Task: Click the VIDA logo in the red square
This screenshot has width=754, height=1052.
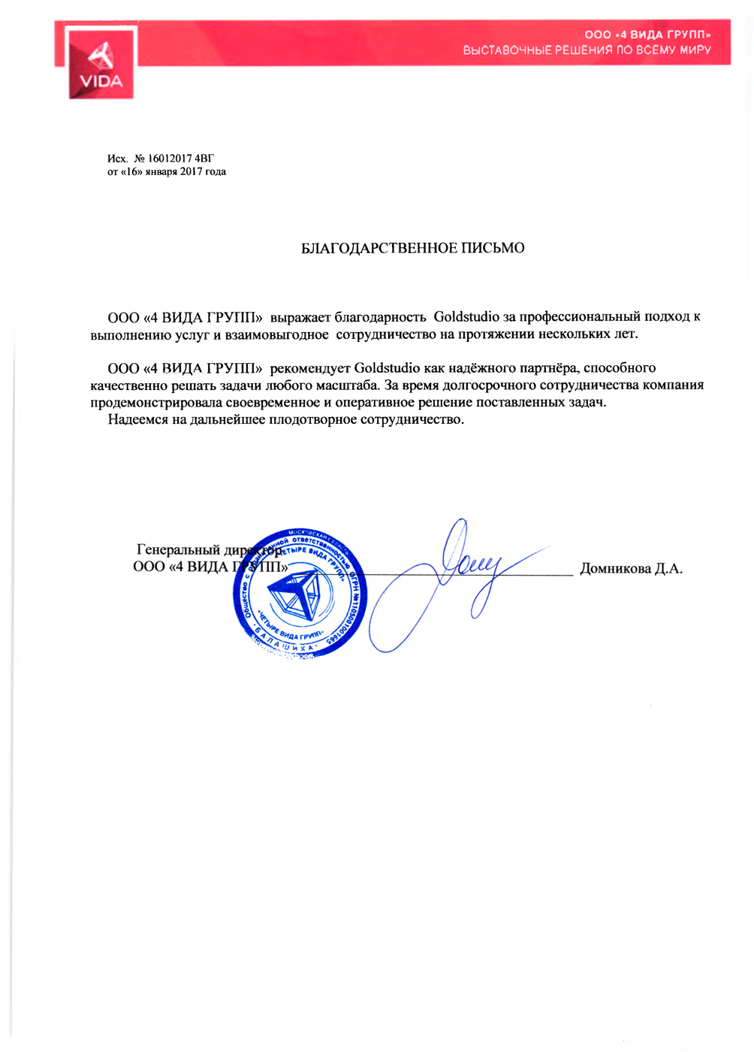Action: tap(101, 65)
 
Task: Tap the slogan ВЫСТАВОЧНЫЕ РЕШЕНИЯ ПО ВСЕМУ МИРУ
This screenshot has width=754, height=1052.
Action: tap(587, 50)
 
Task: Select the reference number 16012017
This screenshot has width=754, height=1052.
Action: tap(170, 159)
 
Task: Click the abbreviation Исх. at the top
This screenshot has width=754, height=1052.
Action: tap(117, 159)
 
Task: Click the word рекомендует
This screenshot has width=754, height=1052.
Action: tap(310, 368)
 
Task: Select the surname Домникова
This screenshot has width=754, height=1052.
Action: tap(615, 569)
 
